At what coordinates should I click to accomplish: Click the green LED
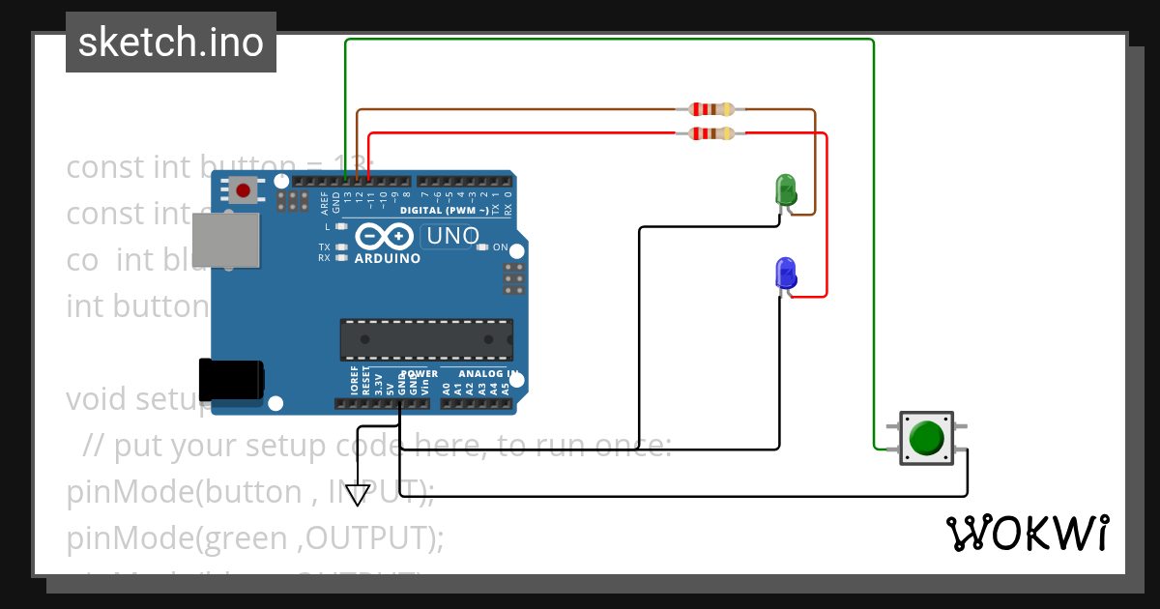point(786,188)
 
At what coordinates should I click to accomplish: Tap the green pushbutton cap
point(927,437)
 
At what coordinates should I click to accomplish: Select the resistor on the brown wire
point(710,110)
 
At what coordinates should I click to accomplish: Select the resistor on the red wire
point(710,133)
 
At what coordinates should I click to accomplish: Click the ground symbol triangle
point(358,495)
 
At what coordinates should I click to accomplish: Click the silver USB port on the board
point(226,240)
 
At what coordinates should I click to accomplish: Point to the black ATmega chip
point(425,339)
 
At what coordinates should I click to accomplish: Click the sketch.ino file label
point(171,43)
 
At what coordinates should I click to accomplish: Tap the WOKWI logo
point(1027,534)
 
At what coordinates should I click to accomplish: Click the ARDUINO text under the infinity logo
point(387,259)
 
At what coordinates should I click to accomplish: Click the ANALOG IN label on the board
point(488,373)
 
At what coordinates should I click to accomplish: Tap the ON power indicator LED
point(482,247)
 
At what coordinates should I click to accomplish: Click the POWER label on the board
point(419,373)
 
